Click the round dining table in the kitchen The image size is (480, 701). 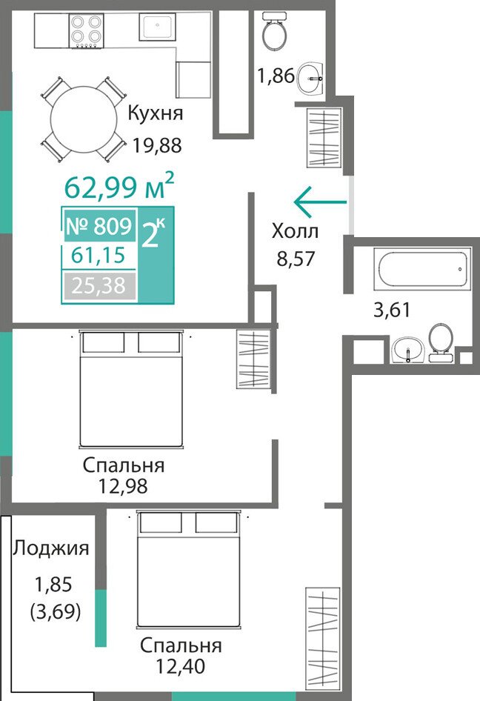click(x=83, y=119)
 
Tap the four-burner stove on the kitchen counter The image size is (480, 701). click(x=86, y=30)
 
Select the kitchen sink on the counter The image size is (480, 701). click(x=157, y=27)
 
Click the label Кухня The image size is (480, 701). click(x=155, y=113)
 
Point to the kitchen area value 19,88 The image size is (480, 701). click(x=157, y=144)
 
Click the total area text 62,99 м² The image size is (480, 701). click(x=119, y=187)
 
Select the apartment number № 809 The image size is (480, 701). click(x=99, y=226)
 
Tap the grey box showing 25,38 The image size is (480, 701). click(x=99, y=285)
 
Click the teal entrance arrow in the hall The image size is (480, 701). click(x=320, y=202)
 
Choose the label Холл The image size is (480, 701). click(x=295, y=232)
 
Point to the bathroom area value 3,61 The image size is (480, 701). click(x=392, y=309)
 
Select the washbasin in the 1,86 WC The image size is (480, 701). click(x=310, y=78)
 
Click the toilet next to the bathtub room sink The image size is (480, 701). click(x=441, y=342)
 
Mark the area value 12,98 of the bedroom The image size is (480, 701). click(x=123, y=486)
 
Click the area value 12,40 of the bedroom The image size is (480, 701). click(x=180, y=666)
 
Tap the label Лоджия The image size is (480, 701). click(x=50, y=548)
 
